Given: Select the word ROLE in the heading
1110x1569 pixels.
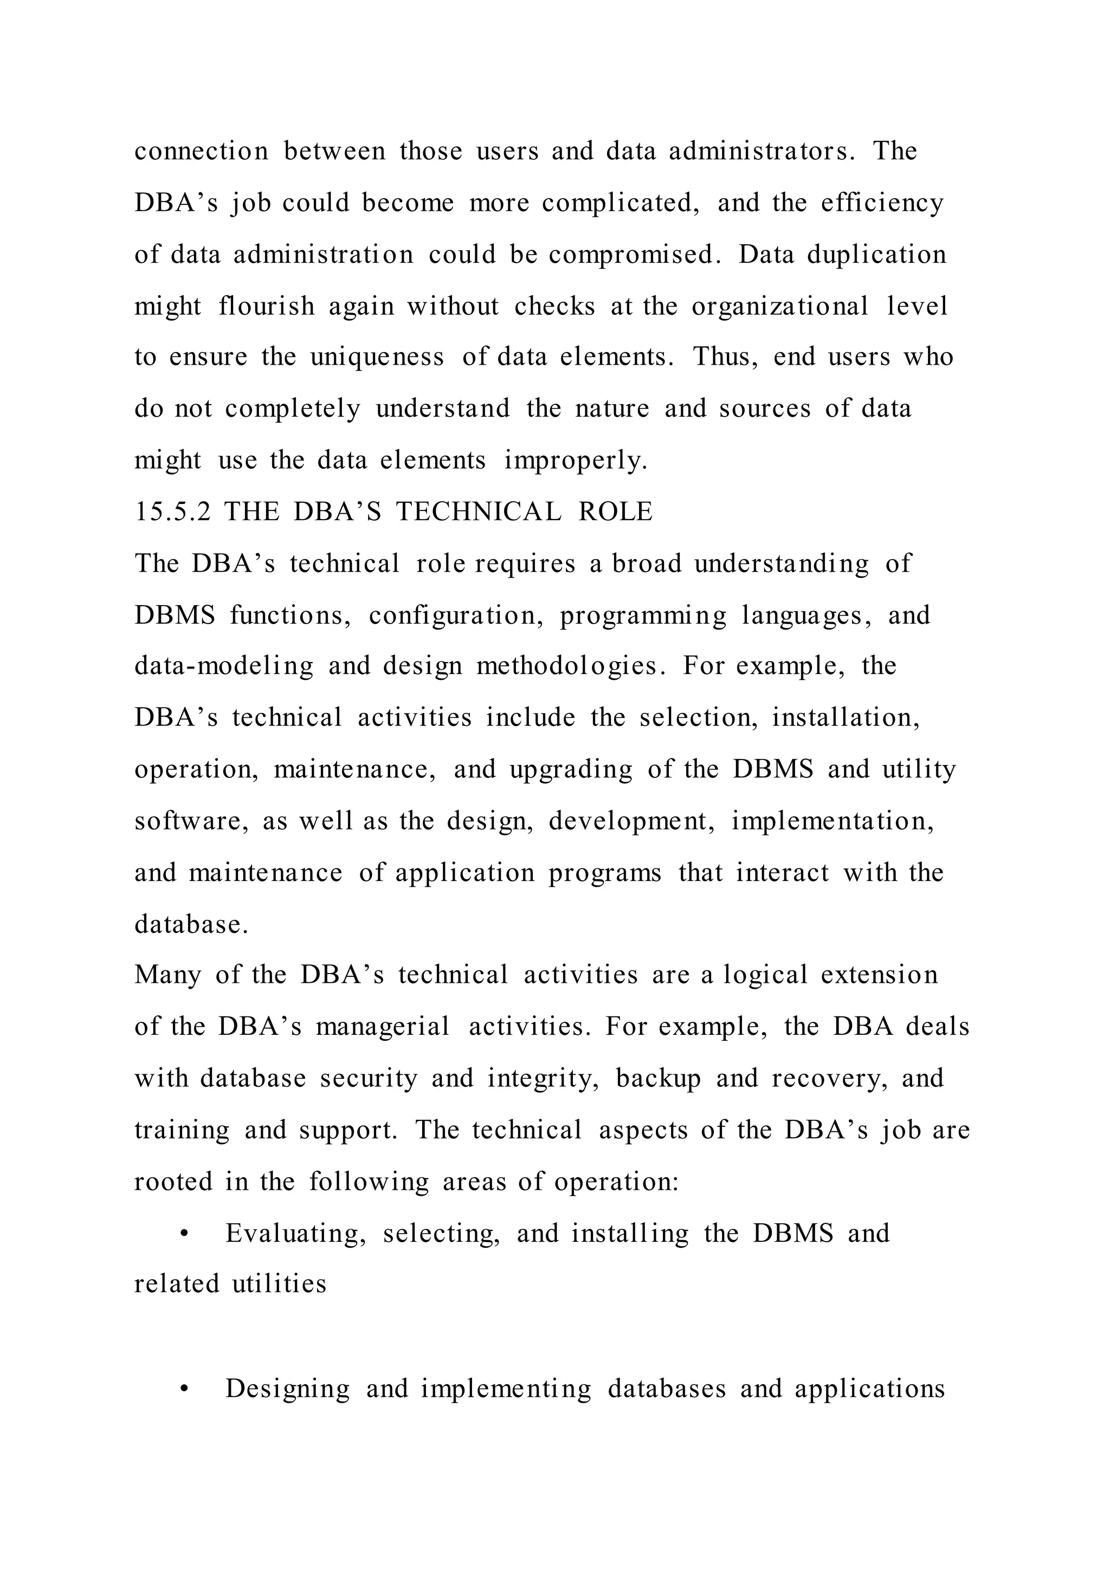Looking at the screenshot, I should point(615,512).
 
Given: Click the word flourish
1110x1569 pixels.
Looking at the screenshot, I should point(267,306).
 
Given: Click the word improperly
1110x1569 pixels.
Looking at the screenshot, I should point(575,461).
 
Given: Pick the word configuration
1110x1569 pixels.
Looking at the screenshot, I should point(456,615).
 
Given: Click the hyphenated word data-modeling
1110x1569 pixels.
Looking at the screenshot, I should point(223,666).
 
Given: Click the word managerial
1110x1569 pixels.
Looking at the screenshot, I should point(382,1027).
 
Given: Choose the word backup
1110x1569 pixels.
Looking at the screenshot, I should point(658,1078).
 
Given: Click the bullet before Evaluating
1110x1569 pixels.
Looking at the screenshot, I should point(183,1234).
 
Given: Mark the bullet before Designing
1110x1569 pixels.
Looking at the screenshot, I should point(183,1389).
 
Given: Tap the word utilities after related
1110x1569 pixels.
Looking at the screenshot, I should point(279,1284).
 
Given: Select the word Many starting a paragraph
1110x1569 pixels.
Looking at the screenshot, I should point(167,975).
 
